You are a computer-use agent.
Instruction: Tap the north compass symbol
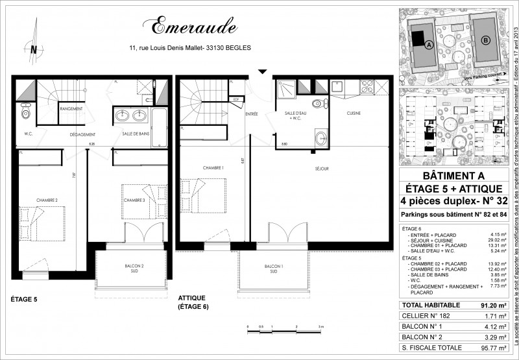[32, 47]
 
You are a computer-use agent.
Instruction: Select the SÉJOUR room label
[322, 169]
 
